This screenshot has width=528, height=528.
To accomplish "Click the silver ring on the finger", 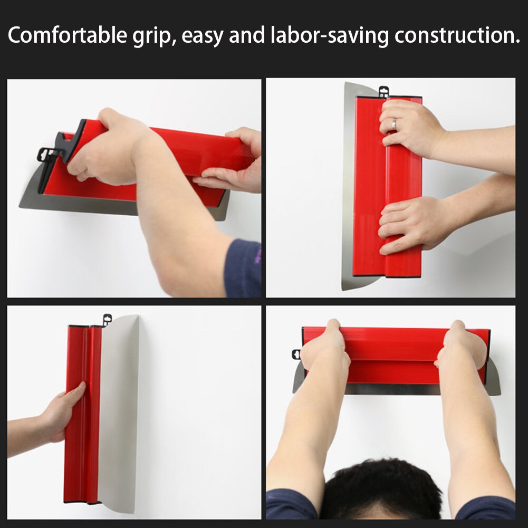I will [x=393, y=124].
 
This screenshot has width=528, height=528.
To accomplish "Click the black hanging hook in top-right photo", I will [x=383, y=91].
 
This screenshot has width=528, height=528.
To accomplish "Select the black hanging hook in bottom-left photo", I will [x=107, y=320].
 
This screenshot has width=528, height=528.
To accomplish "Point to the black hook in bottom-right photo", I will [x=296, y=354].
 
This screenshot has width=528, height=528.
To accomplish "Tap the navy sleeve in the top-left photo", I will [x=243, y=269].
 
